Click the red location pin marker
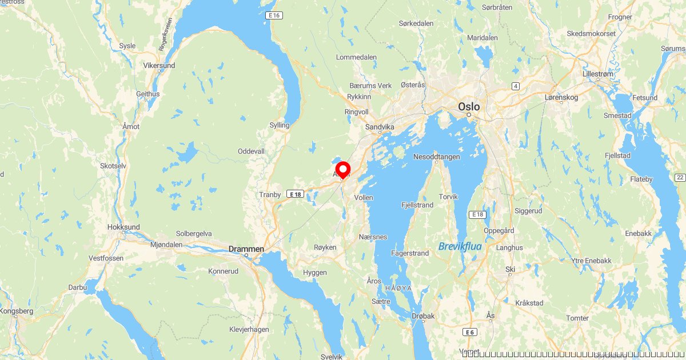[342, 170]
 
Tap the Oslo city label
[469, 106]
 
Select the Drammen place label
[246, 249]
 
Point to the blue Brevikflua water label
[460, 246]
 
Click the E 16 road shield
[274, 15]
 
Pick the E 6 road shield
[470, 332]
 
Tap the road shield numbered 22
[679, 178]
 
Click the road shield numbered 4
[516, 86]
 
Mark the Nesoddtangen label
[436, 157]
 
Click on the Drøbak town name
[423, 316]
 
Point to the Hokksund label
[123, 227]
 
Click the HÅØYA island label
[398, 288]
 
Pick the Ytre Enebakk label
[591, 261]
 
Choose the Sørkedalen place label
[417, 23]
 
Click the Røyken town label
[325, 247]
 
